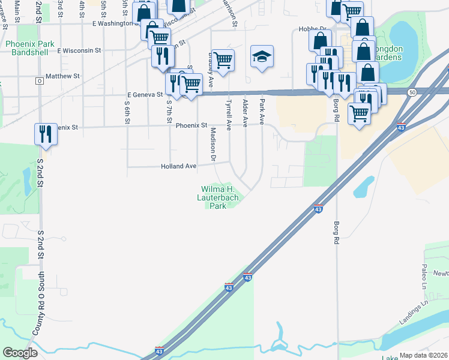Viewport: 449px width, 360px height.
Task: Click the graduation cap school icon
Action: click(x=262, y=57)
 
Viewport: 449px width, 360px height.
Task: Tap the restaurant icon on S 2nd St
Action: click(x=45, y=134)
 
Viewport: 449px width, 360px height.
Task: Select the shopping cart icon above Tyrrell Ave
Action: click(x=223, y=60)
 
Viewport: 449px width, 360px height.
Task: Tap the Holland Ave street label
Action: click(x=178, y=166)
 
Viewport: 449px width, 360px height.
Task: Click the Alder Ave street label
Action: click(x=245, y=113)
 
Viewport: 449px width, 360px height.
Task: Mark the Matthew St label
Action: click(x=62, y=76)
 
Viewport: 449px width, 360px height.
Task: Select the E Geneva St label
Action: click(x=145, y=95)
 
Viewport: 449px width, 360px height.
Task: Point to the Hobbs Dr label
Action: click(x=312, y=29)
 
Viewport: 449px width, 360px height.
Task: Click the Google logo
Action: click(x=20, y=353)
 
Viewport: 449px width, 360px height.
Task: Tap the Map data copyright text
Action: click(x=423, y=355)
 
